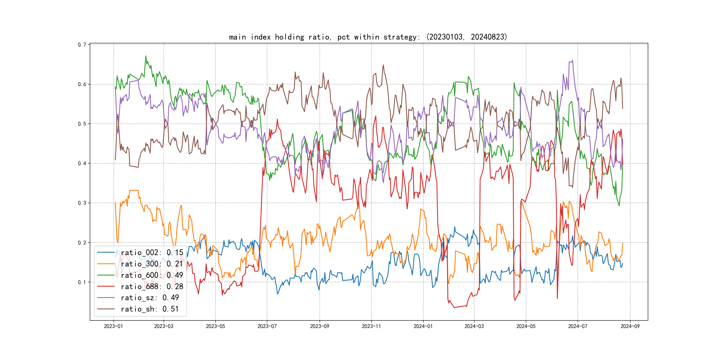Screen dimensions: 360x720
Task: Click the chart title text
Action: pyautogui.click(x=368, y=37)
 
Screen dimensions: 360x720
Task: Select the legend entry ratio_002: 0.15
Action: pyautogui.click(x=152, y=253)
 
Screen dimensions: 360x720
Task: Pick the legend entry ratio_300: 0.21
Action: pyautogui.click(x=152, y=264)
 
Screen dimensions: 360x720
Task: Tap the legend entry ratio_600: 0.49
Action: pyautogui.click(x=152, y=275)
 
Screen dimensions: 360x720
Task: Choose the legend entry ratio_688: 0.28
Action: pyautogui.click(x=152, y=286)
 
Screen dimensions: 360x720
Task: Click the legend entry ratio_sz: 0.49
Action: pyautogui.click(x=150, y=298)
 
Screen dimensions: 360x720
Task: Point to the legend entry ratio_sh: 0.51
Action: pyautogui.click(x=150, y=309)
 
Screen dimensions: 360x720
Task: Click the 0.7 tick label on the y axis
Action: pyautogui.click(x=82, y=45)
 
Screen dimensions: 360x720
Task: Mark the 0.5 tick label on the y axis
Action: pyautogui.click(x=82, y=124)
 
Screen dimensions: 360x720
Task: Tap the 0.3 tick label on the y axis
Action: pyautogui.click(x=82, y=203)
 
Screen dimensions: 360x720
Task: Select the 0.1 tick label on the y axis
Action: pyautogui.click(x=82, y=282)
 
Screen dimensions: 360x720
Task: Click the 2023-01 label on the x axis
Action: pyautogui.click(x=114, y=326)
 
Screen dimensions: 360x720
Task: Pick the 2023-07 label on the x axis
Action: pyautogui.click(x=267, y=326)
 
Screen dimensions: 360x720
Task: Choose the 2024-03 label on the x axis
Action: pyautogui.click(x=474, y=326)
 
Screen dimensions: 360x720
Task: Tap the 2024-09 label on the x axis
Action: pyautogui.click(x=630, y=326)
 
